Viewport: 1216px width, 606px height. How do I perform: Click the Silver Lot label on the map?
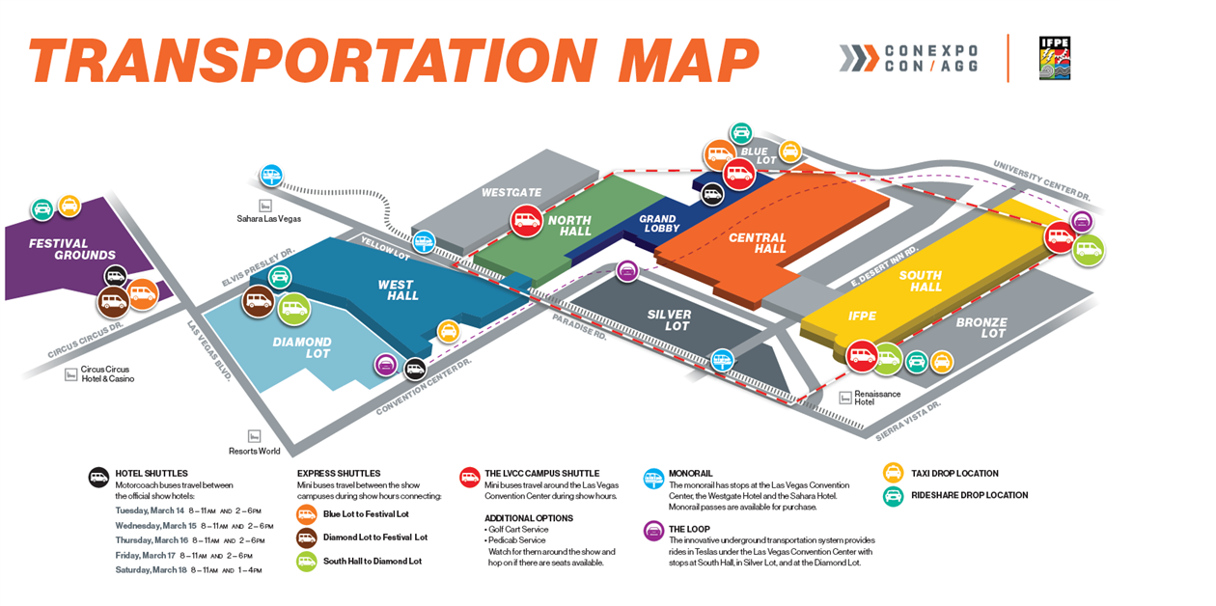(669, 320)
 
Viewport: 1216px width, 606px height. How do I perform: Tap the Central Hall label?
(758, 243)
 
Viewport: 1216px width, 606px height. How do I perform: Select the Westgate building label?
(511, 193)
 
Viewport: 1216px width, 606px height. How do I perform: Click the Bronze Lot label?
(981, 328)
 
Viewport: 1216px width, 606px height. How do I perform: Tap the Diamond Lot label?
(301, 347)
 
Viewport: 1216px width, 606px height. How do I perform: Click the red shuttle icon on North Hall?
(526, 220)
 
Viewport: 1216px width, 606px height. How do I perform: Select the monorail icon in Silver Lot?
(722, 361)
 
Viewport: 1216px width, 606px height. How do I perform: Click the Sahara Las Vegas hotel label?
(268, 219)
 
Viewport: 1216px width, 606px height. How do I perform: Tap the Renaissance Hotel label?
(876, 398)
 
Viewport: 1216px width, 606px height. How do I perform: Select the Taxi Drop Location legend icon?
(894, 474)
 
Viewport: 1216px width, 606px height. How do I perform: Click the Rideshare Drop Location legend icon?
(894, 496)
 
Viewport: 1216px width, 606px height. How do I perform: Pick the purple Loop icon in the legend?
(653, 530)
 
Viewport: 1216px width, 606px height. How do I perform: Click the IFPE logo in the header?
(1054, 58)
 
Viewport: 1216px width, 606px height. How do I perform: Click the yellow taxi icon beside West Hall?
(448, 331)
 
